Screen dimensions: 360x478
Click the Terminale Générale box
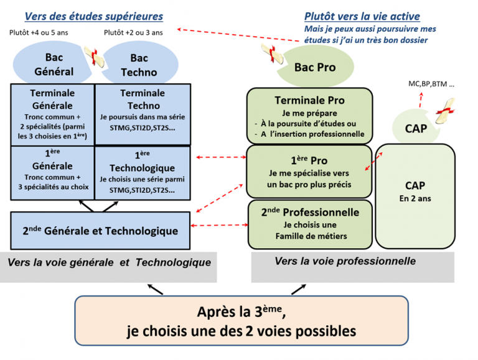(52, 114)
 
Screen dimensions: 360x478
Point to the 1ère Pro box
(309, 171)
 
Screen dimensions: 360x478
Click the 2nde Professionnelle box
(309, 223)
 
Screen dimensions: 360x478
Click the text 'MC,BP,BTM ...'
(431, 83)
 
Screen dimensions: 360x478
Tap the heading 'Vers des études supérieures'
(93, 16)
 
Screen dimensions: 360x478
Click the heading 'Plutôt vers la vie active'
(362, 16)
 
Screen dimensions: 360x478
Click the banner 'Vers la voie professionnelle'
(345, 262)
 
